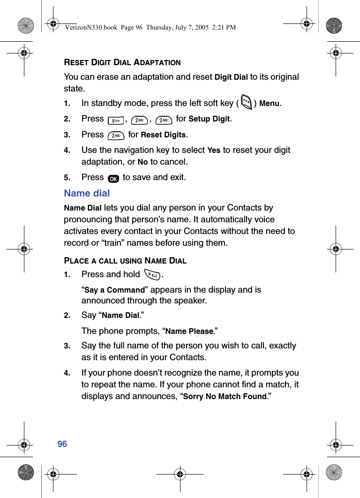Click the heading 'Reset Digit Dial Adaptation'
coord(122,62)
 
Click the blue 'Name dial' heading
coord(87,193)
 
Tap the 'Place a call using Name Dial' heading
coord(125,261)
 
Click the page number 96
coord(62,444)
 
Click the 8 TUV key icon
coord(115,121)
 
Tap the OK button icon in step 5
coord(113,179)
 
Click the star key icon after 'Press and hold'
coord(152,275)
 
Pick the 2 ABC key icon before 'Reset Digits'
coord(115,136)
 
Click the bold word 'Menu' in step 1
coord(269,103)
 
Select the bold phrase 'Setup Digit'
coord(209,119)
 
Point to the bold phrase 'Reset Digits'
coord(164,135)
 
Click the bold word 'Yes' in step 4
coord(214,151)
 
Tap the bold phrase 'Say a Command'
coord(114,290)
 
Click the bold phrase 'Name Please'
coord(189,332)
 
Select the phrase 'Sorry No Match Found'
coord(225,397)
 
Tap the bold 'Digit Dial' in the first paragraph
coord(231,77)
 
